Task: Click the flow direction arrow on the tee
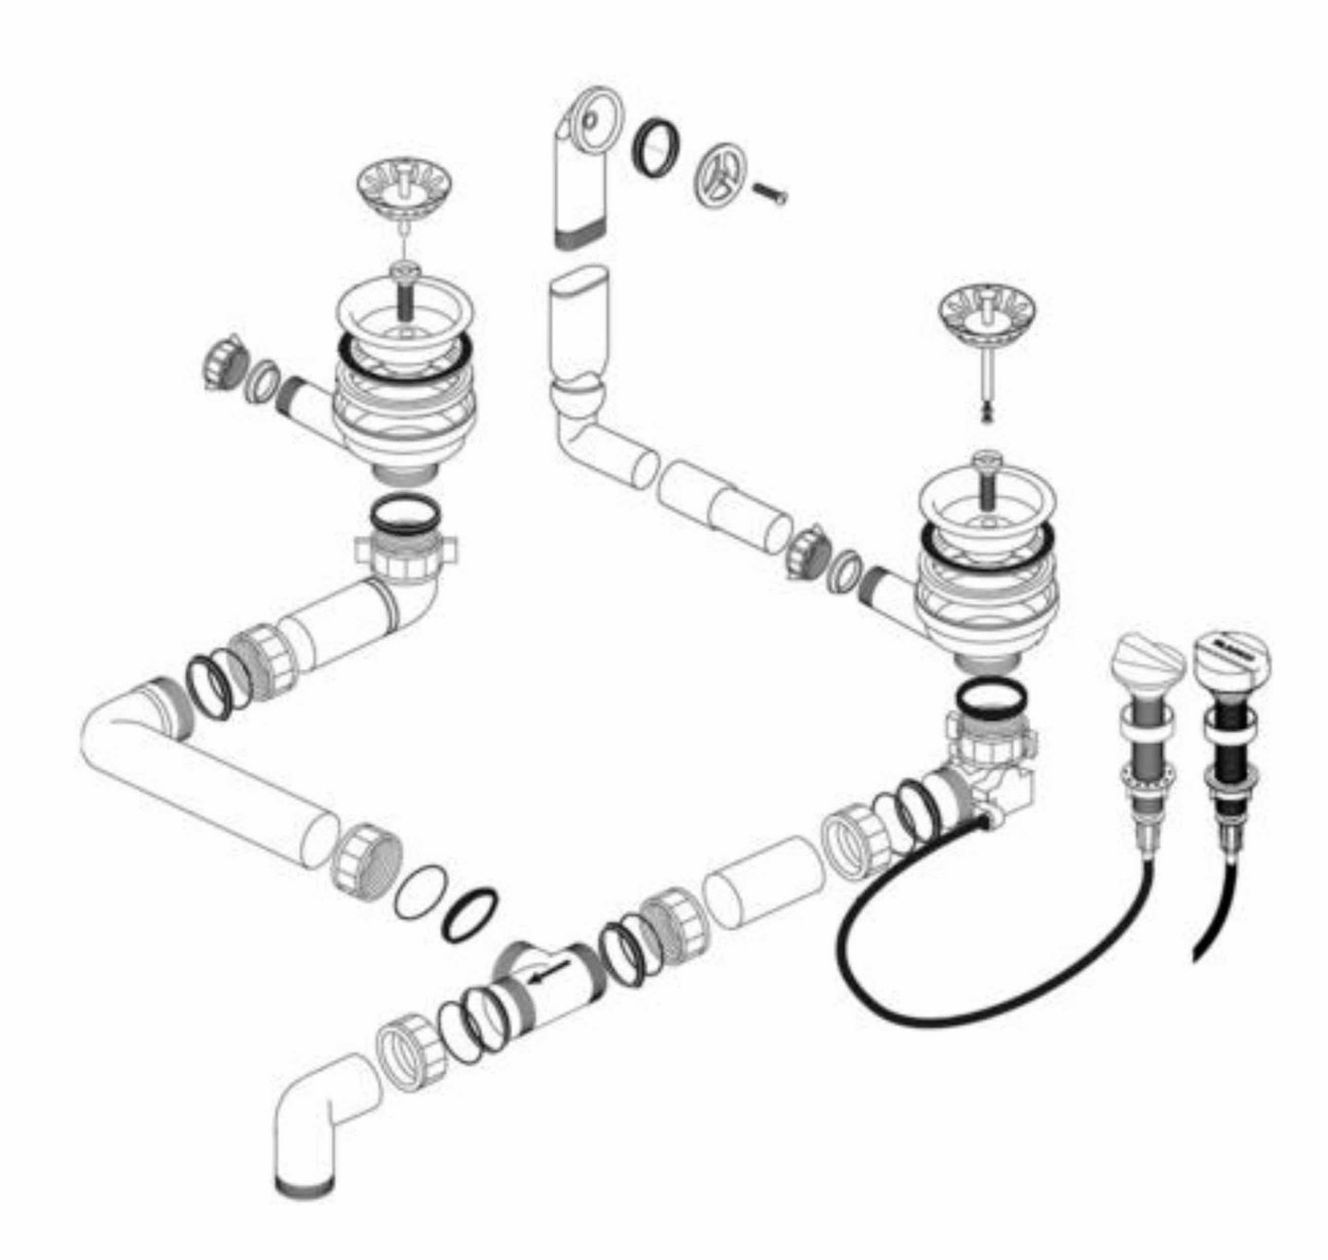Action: (550, 974)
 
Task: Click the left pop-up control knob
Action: (1147, 661)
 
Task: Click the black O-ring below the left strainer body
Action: (403, 516)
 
